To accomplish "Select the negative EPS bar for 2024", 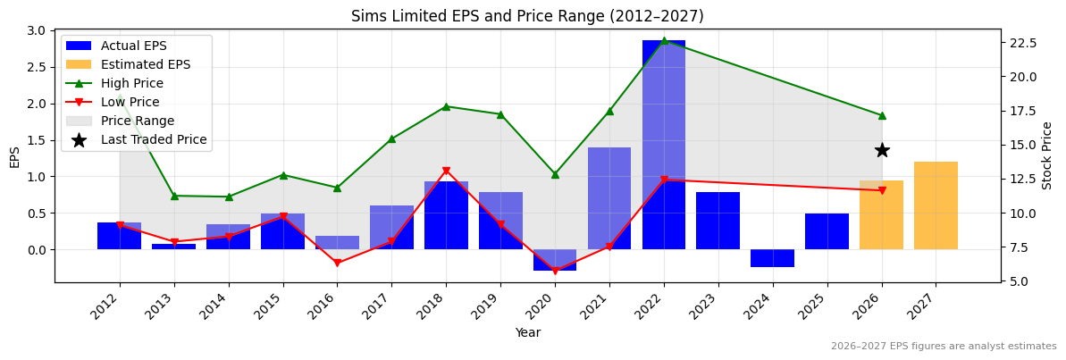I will point(772,258).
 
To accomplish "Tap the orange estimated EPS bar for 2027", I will point(936,205).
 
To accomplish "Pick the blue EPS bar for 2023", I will point(718,221).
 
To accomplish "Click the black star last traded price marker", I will point(882,150).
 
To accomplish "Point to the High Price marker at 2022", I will point(664,40).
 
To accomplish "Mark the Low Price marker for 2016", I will point(337,263).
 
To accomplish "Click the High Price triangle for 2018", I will point(446,106).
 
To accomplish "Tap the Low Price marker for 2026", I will point(882,190).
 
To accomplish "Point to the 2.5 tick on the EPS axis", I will point(38,67).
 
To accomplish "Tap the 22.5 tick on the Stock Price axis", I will point(1021,43).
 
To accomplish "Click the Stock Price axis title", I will point(1047,155).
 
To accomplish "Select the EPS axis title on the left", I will point(14,156).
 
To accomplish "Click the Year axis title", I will point(527,333).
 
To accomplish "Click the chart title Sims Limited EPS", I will point(527,16).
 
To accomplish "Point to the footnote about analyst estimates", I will point(943,347).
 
